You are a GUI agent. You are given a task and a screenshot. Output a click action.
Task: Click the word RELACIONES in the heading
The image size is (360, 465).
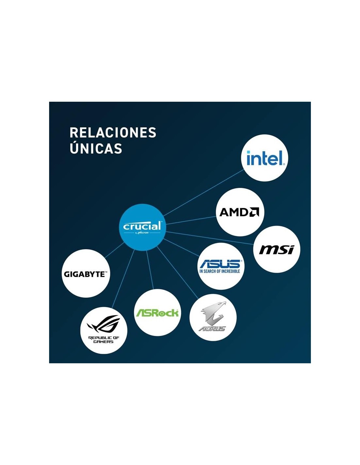pos(113,133)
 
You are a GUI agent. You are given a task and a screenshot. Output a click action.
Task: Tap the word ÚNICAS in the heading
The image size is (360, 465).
pos(96,149)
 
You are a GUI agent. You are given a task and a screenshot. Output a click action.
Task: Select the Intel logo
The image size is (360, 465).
pos(265,158)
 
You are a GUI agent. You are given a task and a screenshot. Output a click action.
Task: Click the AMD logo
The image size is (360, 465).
pos(239,212)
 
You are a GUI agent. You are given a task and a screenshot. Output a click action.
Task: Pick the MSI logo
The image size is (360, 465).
pos(277,250)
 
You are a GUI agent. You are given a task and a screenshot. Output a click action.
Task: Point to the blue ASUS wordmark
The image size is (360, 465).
pos(221,264)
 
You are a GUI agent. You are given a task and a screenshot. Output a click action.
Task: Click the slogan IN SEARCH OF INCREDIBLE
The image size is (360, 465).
pos(220,271)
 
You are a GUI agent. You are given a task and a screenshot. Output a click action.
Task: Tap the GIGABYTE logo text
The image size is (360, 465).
pos(85,274)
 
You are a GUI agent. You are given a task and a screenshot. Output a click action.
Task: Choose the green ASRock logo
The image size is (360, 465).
pos(157,313)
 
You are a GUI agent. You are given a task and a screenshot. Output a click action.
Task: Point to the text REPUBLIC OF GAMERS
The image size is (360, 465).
pos(104,340)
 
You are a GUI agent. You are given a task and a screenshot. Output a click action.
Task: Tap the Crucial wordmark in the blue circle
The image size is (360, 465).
pos(142,226)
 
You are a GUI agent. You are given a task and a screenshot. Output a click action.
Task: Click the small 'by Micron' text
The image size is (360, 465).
pos(142,233)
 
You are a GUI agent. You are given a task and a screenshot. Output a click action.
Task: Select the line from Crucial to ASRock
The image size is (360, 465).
pos(150,270)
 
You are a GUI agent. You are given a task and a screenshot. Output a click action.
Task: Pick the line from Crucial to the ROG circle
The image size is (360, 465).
pos(124,278)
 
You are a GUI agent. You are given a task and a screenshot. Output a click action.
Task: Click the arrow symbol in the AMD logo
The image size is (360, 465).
pos(254,212)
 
